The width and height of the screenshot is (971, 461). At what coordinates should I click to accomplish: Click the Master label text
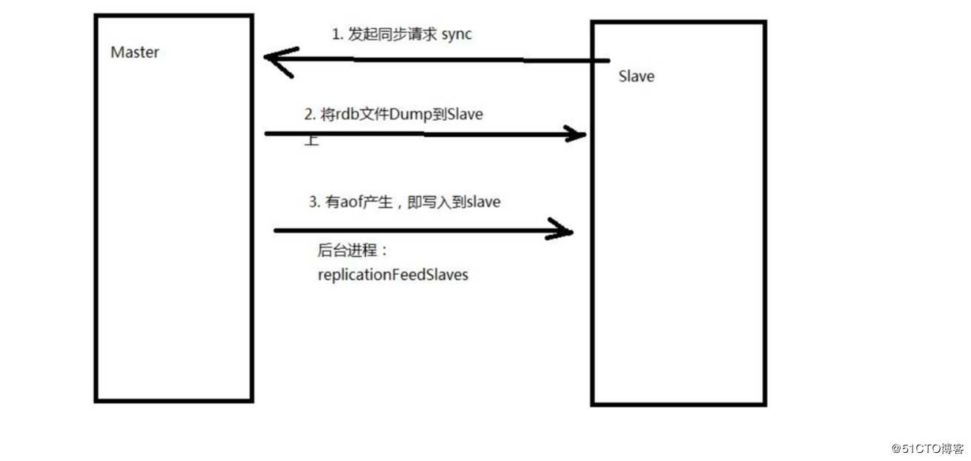(134, 53)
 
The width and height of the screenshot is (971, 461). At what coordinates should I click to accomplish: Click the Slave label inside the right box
(636, 76)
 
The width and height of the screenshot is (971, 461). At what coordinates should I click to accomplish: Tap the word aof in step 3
(354, 202)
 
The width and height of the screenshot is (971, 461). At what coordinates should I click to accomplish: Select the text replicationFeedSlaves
(393, 275)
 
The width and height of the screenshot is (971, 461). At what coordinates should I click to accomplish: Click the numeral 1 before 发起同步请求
(336, 34)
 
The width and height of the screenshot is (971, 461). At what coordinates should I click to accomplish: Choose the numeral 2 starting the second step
(308, 114)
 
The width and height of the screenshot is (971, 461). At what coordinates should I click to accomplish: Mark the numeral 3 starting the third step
(312, 202)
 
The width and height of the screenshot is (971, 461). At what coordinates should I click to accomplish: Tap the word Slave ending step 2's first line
(466, 114)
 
